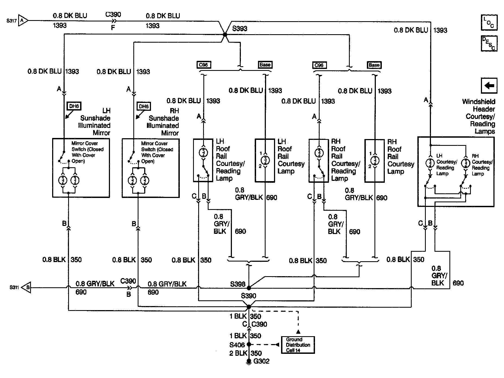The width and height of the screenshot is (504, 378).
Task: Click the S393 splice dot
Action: tap(225, 35)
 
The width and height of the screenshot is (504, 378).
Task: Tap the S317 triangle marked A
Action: tap(23, 20)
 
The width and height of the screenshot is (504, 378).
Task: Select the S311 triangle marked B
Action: tap(26, 287)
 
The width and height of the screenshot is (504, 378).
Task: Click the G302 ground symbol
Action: tap(248, 362)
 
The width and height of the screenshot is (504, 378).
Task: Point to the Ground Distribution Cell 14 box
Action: tap(298, 345)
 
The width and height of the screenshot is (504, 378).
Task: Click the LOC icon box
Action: tap(489, 23)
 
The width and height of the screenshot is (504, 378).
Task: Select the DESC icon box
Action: tap(489, 43)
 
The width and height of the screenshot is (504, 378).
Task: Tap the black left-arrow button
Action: tap(489, 86)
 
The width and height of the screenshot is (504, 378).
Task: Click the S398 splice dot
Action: tap(248, 288)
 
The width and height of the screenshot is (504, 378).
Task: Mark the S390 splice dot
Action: tap(248, 307)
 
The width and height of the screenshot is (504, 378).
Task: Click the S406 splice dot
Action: tap(248, 345)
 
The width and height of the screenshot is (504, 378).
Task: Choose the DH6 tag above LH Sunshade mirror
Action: tap(74, 106)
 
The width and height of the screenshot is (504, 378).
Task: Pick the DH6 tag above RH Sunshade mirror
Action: tap(144, 106)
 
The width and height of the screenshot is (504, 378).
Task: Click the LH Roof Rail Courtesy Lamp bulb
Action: tap(265, 160)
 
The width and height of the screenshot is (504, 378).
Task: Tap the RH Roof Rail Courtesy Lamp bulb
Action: tap(375, 160)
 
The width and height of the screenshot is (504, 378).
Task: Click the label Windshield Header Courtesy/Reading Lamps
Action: tap(478, 116)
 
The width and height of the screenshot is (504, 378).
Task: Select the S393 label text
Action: tap(240, 29)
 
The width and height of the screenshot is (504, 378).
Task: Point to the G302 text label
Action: tap(261, 361)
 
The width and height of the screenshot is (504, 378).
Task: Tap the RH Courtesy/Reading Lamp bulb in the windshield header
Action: tap(466, 163)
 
